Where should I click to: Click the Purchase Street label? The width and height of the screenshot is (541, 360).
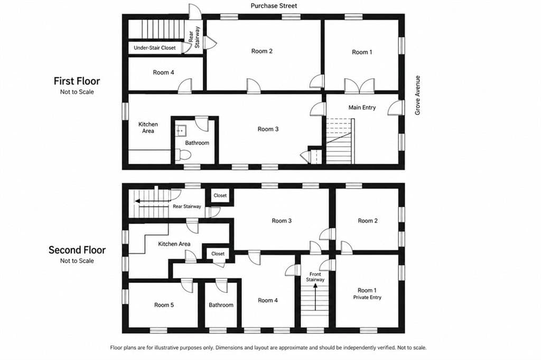pos(274,5)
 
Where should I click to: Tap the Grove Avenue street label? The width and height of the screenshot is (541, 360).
pos(417,95)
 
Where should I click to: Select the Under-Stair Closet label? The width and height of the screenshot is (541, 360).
pos(155,48)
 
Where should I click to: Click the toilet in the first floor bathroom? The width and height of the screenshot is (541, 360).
pos(183,155)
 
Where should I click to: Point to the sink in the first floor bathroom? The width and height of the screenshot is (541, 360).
pos(180,131)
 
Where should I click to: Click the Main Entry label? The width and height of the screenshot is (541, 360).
pos(362,108)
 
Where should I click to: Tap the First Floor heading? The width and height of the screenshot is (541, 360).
pos(77,81)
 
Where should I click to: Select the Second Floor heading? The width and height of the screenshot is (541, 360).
pos(77,250)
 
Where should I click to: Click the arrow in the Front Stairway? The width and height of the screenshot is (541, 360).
pos(315,297)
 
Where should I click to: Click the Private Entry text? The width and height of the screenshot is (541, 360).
pos(367,298)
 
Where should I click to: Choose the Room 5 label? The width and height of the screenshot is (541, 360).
pos(164,305)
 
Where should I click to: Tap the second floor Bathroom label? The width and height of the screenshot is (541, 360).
pos(221,305)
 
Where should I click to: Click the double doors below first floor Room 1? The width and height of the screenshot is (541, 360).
pos(359,86)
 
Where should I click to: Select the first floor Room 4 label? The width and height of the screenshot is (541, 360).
pos(163,72)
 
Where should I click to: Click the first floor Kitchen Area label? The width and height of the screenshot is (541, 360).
pos(148,128)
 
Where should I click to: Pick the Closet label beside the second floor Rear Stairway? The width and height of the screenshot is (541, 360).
pos(220,195)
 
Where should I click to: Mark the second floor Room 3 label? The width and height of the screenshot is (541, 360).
pos(282,221)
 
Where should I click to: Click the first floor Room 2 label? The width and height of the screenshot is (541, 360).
pos(262,51)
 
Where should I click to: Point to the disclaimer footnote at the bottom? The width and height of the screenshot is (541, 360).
pos(268,347)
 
